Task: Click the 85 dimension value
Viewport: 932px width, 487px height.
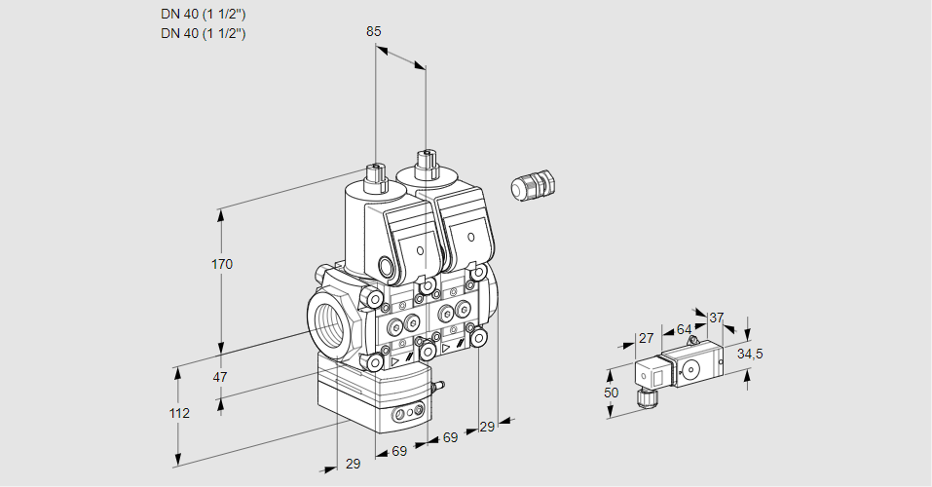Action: click(374, 31)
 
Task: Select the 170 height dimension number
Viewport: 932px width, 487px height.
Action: click(223, 264)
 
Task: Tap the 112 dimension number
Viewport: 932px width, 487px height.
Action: click(178, 413)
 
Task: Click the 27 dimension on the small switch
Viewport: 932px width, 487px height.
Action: click(645, 338)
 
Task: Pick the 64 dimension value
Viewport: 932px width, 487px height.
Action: click(684, 329)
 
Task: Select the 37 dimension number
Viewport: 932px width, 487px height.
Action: click(717, 318)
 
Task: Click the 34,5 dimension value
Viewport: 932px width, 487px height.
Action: click(750, 354)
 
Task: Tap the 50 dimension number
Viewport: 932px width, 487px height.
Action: click(611, 393)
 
